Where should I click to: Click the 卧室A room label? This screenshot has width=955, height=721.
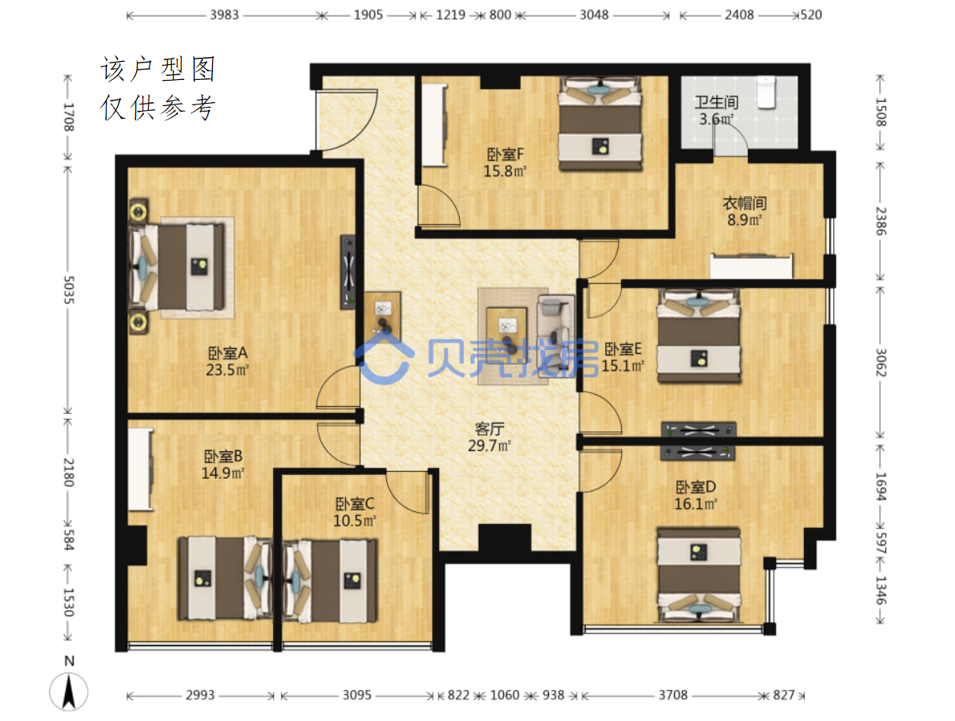(227, 353)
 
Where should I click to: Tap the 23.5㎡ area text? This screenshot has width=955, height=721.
(227, 370)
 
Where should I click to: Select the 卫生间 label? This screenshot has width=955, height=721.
(716, 103)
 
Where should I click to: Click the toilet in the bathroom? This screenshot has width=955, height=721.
(766, 93)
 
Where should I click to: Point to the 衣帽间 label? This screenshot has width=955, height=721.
(745, 203)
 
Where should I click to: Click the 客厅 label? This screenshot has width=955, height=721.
(490, 429)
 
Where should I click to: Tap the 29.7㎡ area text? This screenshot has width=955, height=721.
(489, 446)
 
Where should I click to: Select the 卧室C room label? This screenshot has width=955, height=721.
(354, 504)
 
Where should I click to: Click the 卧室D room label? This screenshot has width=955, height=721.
(695, 487)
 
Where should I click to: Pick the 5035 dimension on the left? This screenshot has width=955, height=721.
(69, 290)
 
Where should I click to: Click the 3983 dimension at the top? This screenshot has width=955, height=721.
(225, 15)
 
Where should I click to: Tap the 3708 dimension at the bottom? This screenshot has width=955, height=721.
(673, 695)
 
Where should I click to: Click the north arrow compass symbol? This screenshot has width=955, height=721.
(69, 691)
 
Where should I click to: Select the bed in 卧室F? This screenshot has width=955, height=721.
(600, 123)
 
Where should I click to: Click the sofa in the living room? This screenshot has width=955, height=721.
(556, 336)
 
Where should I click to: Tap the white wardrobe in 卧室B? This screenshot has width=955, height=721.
(140, 469)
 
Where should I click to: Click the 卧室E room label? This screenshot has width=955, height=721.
(623, 349)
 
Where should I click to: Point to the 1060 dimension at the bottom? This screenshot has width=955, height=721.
(505, 695)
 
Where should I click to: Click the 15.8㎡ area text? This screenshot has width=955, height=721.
(505, 171)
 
